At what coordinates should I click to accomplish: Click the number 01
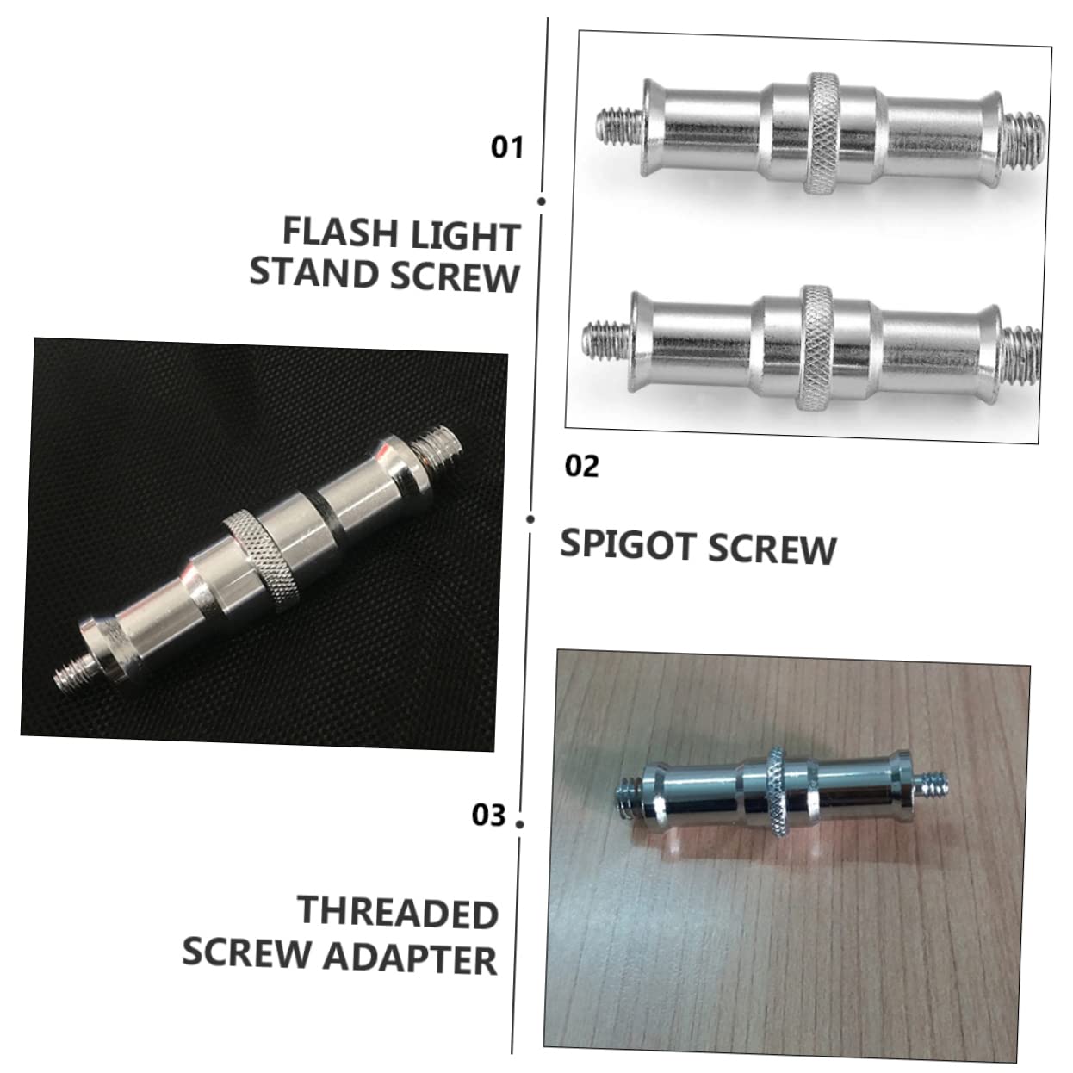click(506, 147)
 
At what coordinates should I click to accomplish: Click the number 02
click(581, 466)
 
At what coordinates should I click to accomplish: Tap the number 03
click(488, 815)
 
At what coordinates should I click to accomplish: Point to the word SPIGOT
click(628, 546)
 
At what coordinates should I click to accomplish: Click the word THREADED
click(398, 912)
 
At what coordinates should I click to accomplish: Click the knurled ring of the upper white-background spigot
click(822, 133)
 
